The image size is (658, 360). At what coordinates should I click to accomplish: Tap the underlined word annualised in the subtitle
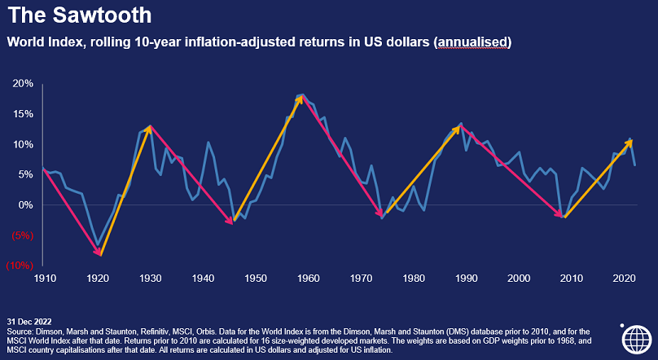[x=474, y=41]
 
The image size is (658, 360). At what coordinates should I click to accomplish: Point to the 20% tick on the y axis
[x=22, y=84]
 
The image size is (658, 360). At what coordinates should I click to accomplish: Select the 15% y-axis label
[x=22, y=114]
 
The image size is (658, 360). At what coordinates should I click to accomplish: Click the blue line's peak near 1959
[x=302, y=94]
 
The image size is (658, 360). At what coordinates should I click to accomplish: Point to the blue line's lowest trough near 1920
[x=98, y=244]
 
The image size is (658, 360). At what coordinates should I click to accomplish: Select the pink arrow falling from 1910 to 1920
[x=72, y=212]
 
